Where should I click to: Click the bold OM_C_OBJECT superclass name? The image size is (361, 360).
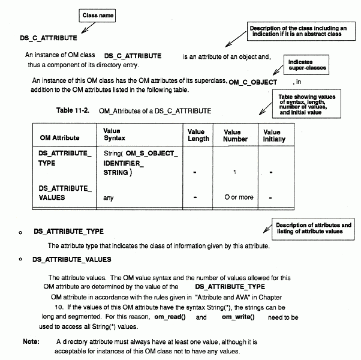coord(253,82)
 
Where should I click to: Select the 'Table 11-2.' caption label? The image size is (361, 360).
coord(74,110)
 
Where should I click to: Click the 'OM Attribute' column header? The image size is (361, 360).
coord(62,137)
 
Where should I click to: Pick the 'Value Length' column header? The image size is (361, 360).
coord(198,135)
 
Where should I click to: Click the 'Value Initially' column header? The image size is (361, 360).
coord(273,135)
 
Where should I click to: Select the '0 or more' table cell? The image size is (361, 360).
coord(239,197)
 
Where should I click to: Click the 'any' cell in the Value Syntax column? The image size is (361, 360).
coord(109,197)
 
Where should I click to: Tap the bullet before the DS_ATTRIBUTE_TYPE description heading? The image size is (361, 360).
coord(21,232)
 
